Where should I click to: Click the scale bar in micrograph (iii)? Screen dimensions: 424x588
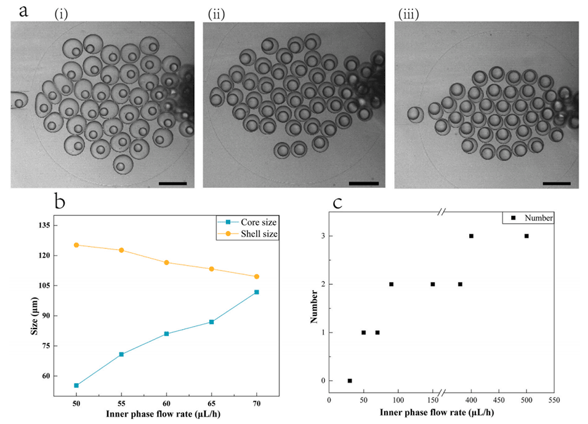point(557,183)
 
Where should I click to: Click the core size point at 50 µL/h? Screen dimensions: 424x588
point(76,385)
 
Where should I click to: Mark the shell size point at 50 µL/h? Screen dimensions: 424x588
point(76,245)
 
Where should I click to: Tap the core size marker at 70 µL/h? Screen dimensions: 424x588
point(257,292)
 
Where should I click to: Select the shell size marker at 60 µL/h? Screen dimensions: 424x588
point(167,263)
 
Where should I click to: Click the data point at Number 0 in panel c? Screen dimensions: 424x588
point(350,381)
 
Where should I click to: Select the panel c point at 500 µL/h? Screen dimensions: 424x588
point(526,236)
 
